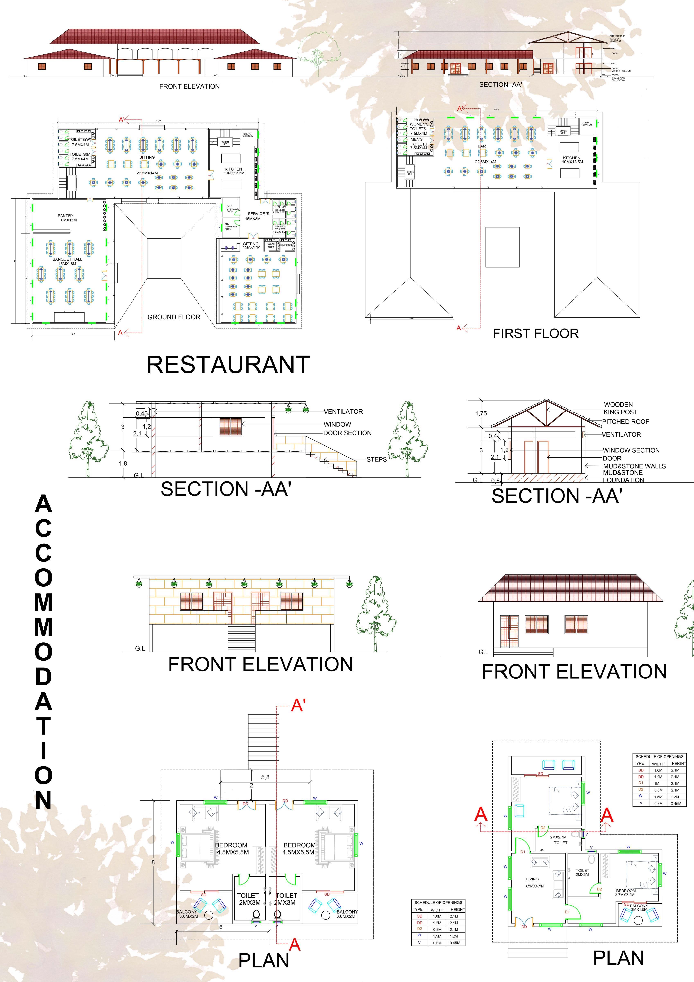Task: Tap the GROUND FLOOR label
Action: tap(174, 317)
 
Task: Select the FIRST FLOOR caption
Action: tap(536, 333)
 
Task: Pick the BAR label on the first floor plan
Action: tap(482, 146)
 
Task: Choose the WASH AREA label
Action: tap(271, 246)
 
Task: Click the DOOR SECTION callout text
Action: tap(347, 433)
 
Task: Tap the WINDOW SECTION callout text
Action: tap(631, 450)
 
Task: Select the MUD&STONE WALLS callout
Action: tap(634, 466)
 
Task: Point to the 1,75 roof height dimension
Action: tap(481, 413)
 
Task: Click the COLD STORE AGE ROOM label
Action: tap(232, 209)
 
